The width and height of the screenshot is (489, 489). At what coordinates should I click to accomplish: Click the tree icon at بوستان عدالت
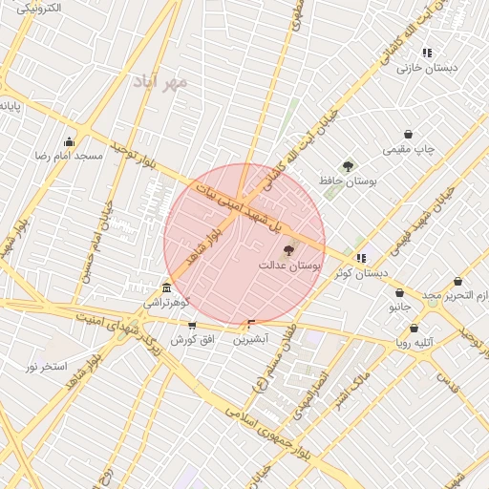[x=289, y=250]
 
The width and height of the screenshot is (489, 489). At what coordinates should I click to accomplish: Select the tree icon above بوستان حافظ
[x=348, y=166]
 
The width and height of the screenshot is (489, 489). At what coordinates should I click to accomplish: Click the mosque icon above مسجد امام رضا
[x=69, y=141]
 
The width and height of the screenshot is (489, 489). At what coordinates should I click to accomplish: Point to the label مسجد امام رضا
[x=69, y=155]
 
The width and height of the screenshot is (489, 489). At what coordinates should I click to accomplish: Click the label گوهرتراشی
[x=167, y=303]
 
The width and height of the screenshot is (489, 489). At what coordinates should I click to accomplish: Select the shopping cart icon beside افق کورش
[x=192, y=326]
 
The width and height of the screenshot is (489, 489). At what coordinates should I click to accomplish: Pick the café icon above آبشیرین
[x=252, y=325]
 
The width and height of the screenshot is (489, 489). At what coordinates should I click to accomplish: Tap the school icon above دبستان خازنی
[x=427, y=53]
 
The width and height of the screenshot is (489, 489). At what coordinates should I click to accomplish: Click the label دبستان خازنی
[x=427, y=68]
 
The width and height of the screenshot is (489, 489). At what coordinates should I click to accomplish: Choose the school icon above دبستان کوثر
[x=360, y=258]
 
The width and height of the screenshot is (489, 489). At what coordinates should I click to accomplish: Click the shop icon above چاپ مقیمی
[x=409, y=135]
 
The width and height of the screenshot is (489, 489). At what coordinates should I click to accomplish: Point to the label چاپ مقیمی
[x=409, y=149]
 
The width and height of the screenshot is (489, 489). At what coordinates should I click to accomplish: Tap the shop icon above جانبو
[x=398, y=293]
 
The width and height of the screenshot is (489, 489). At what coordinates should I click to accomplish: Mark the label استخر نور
[x=46, y=367]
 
